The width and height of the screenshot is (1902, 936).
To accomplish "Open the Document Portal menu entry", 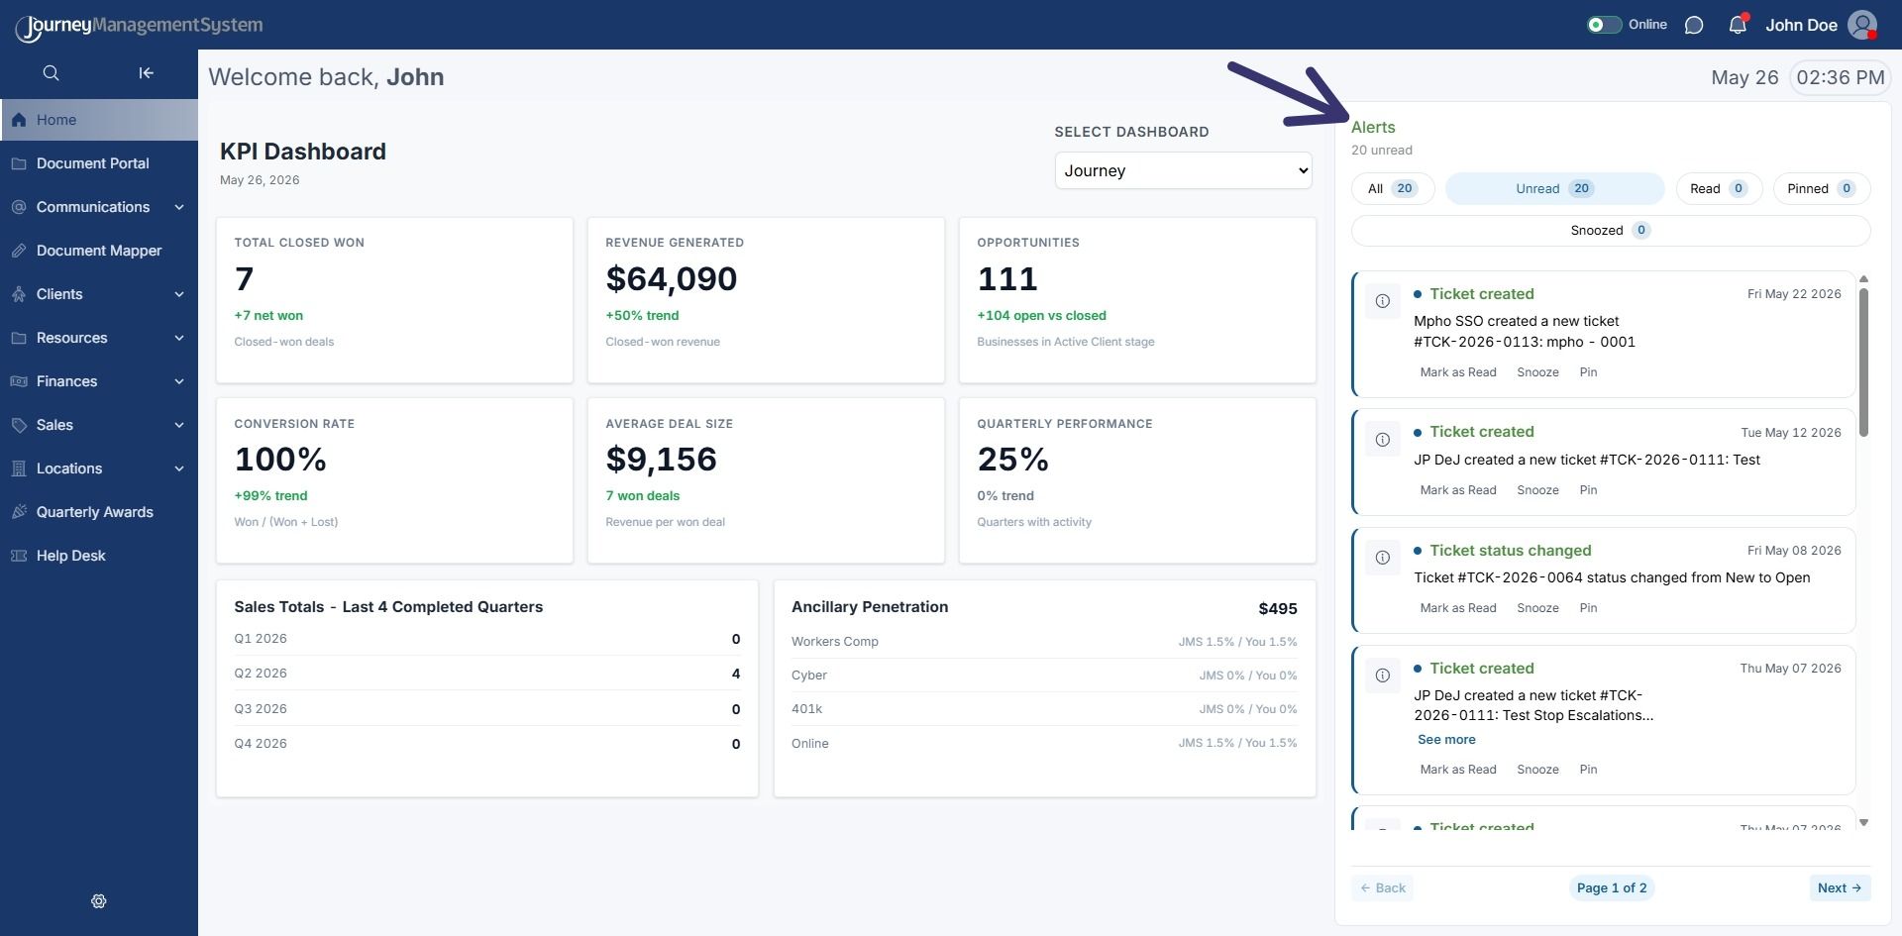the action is point(92,163).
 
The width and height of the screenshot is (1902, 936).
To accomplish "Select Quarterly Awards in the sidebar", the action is point(94,512).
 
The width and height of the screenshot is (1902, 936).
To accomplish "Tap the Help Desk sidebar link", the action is point(70,556).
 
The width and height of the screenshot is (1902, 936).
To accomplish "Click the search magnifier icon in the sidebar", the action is point(52,73).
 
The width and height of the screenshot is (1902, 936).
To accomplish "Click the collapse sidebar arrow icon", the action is point(146,73).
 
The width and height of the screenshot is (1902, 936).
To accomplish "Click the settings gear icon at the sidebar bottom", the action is point(99,901).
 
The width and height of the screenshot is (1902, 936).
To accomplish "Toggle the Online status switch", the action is point(1604,25).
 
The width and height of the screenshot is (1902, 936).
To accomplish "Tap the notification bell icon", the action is point(1738,25).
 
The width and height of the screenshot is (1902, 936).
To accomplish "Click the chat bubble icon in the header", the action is point(1694,25).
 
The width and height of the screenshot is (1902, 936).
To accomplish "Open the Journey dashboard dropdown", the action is point(1183,170).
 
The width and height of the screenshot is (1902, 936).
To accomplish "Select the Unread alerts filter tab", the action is point(1554,188).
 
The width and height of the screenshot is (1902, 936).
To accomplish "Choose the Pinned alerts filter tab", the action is point(1821,188).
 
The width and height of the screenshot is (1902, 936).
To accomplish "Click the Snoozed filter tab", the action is point(1611,230).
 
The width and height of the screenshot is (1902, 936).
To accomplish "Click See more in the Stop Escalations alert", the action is point(1446,740).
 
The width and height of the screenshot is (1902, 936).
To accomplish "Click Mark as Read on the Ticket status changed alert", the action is point(1458,608).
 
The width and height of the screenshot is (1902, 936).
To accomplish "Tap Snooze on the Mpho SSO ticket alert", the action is point(1537,372).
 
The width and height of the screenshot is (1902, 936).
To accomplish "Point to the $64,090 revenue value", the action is point(672,279).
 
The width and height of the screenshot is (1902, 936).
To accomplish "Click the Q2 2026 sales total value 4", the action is point(736,674).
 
